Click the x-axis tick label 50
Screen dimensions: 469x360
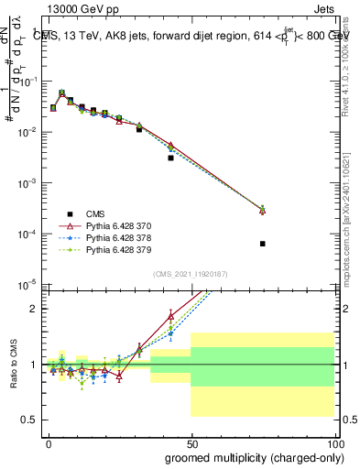coord(191,442)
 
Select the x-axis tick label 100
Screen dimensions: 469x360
coord(333,442)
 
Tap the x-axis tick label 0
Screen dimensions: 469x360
coord(49,442)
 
